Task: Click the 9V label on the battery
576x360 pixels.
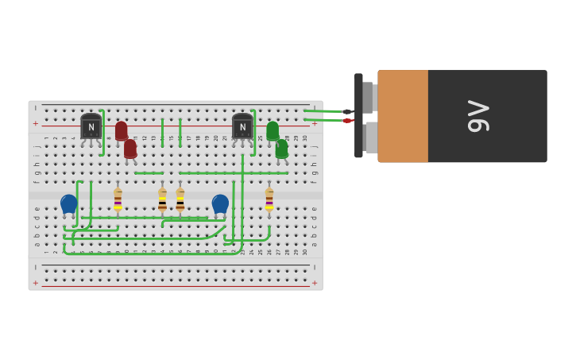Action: pyautogui.click(x=478, y=116)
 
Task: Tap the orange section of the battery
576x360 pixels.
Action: pyautogui.click(x=403, y=116)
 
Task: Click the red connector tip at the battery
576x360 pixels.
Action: pyautogui.click(x=347, y=121)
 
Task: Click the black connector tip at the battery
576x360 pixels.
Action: pyautogui.click(x=347, y=111)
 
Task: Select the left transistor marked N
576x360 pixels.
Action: pyautogui.click(x=91, y=127)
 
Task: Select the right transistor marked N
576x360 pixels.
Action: pyautogui.click(x=242, y=127)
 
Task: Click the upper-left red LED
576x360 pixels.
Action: pyautogui.click(x=121, y=130)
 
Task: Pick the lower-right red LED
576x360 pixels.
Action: pyautogui.click(x=130, y=149)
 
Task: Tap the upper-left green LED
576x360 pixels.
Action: pyautogui.click(x=273, y=130)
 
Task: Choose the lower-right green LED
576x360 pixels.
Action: pyautogui.click(x=282, y=149)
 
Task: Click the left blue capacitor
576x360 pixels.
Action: pyautogui.click(x=69, y=204)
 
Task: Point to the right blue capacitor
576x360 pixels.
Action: pyautogui.click(x=220, y=204)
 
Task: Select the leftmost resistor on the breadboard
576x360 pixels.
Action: pyautogui.click(x=118, y=199)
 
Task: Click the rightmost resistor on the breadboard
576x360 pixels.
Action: pyautogui.click(x=269, y=199)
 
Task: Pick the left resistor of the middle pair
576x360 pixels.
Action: pyautogui.click(x=162, y=200)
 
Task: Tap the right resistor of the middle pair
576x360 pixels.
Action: pyautogui.click(x=180, y=200)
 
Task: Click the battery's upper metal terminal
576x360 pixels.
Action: pyautogui.click(x=368, y=97)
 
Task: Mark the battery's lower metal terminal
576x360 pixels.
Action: pyautogui.click(x=371, y=137)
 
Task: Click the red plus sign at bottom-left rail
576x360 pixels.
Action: pyautogui.click(x=35, y=283)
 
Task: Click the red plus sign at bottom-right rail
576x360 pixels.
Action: pyautogui.click(x=315, y=283)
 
